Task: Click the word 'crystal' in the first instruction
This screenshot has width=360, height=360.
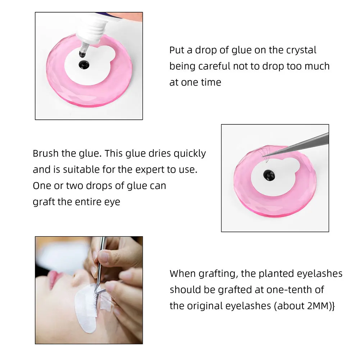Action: pos(301,50)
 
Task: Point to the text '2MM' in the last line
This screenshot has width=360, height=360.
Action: pos(316,306)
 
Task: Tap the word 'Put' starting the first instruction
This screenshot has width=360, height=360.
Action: pos(177,50)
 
